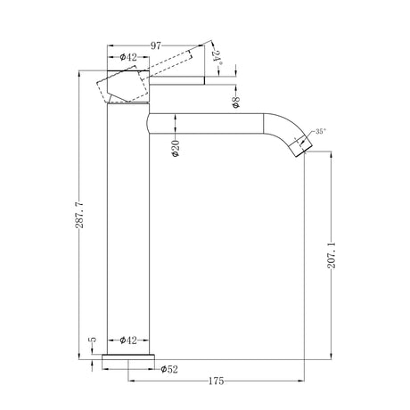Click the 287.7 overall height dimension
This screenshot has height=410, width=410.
[x=79, y=215]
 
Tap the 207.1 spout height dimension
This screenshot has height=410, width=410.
[x=332, y=255]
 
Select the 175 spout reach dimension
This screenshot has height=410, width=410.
[x=216, y=381]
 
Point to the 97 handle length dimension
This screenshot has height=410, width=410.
[x=156, y=45]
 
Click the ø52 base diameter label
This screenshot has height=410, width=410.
[x=169, y=369]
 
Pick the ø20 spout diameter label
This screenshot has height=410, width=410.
[x=176, y=148]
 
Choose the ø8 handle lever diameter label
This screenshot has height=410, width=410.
[x=235, y=102]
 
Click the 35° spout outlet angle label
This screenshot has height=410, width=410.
[x=321, y=131]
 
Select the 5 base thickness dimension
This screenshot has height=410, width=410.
[x=94, y=340]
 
